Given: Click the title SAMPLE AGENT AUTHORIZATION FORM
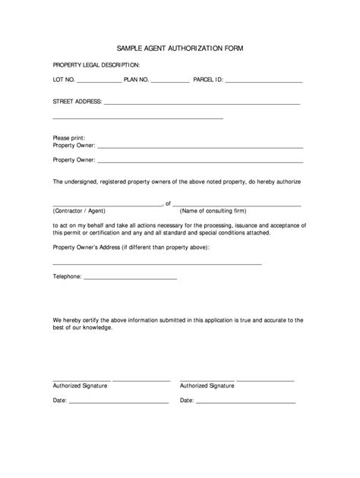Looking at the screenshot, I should point(180,47).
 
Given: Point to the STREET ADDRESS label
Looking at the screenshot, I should point(77,101).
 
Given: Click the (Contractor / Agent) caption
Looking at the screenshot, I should point(79,211).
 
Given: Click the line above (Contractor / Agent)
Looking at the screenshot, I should point(106,205).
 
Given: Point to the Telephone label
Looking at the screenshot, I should point(67,277).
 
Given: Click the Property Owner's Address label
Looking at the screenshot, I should point(131,247).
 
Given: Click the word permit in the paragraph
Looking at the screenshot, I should point(72,233).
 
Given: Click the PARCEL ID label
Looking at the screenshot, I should point(208,79).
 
